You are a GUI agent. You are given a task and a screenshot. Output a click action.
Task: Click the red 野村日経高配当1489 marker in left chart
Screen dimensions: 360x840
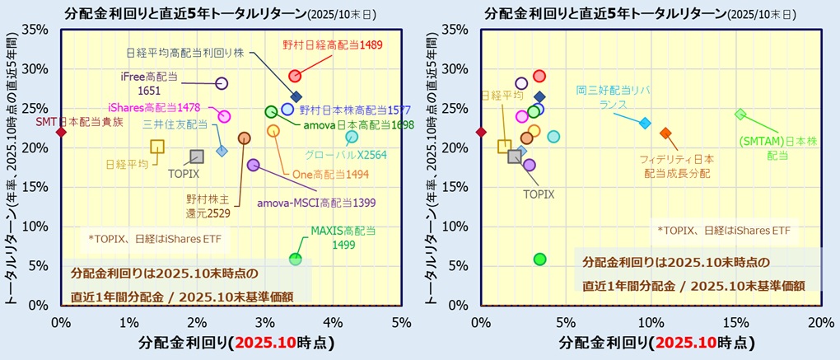click(x=294, y=77)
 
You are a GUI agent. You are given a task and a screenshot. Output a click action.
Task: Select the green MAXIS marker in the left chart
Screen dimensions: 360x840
click(x=296, y=259)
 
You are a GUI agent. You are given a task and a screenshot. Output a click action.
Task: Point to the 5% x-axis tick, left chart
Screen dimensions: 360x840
click(x=401, y=321)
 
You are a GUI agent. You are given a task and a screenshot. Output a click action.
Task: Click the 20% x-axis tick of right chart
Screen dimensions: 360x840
click(x=820, y=321)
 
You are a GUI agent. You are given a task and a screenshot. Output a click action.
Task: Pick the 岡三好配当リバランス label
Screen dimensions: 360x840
click(x=606, y=98)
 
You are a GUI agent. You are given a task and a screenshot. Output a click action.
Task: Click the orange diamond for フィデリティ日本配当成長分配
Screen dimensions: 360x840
click(x=665, y=133)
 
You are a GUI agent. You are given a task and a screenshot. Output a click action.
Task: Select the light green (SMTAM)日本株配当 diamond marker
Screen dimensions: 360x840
click(x=740, y=115)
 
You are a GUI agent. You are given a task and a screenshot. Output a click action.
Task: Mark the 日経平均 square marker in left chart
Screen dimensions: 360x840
click(x=157, y=147)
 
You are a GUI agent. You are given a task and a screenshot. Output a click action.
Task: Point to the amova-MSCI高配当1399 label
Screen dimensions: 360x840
click(x=316, y=203)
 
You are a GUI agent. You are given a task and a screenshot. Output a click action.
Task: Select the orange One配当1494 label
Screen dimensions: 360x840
click(x=325, y=175)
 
